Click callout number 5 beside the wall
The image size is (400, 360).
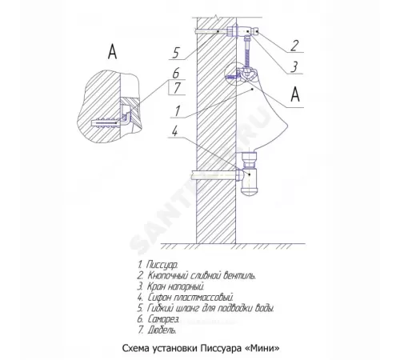tap(176, 53)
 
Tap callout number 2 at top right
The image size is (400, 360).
tap(294, 46)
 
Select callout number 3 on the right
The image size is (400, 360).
tap(294, 67)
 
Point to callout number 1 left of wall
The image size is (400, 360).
tap(178, 111)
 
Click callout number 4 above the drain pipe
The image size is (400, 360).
tap(174, 131)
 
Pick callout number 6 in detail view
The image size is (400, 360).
tap(176, 74)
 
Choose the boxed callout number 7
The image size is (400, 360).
tap(177, 87)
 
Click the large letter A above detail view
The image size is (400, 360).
tap(113, 51)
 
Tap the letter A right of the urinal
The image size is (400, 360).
tap(295, 94)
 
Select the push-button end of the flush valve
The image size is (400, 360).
tap(257, 31)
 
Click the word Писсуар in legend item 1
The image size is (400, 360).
tap(162, 265)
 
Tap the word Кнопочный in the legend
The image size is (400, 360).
tap(166, 275)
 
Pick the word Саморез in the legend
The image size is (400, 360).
tap(163, 319)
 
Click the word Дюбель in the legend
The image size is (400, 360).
tap(162, 330)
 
